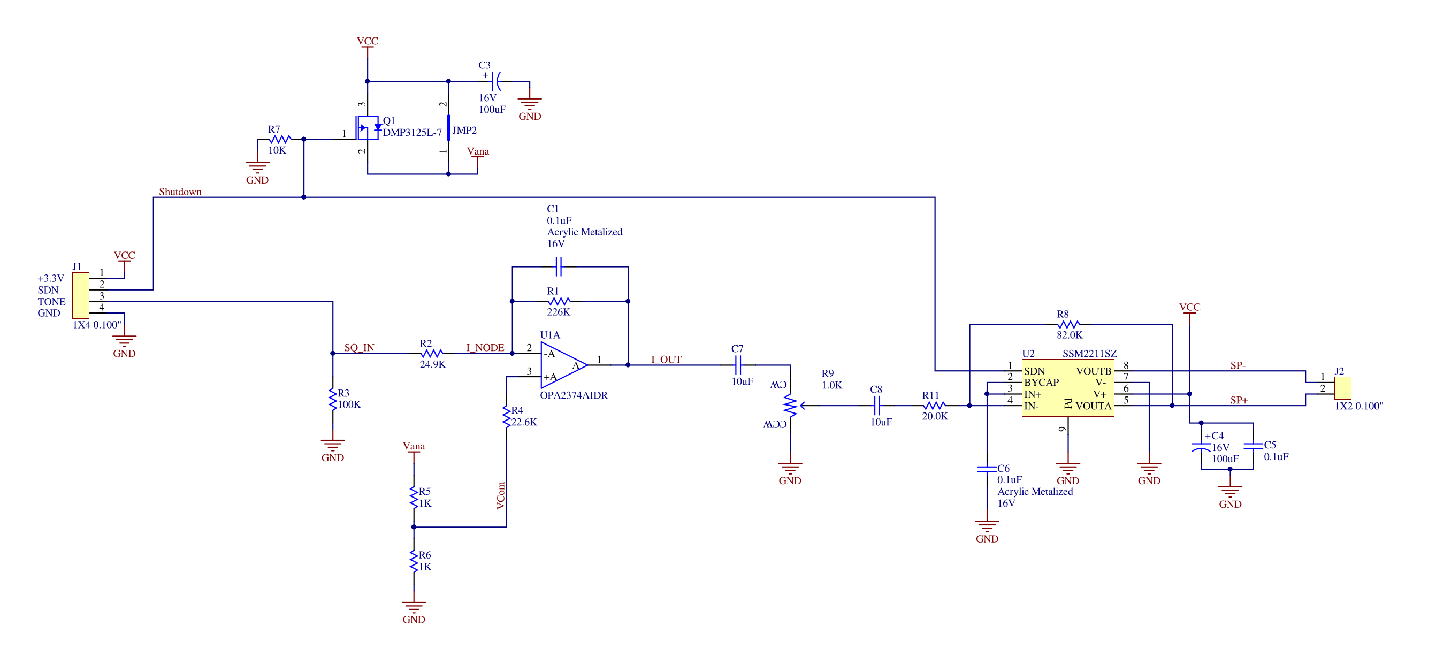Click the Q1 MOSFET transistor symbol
pos(368,128)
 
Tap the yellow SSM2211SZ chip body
pos(1068,388)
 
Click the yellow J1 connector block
pos(81,295)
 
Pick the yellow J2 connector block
pos(1343,388)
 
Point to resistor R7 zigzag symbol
pos(279,139)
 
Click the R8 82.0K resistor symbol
pos(1068,325)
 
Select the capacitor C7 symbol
pos(738,365)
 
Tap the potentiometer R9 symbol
pos(791,405)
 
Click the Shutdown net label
pos(180,192)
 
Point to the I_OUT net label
pos(666,360)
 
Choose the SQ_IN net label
pos(360,348)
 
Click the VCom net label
pos(501,495)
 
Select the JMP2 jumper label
pos(464,130)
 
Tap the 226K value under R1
pos(558,312)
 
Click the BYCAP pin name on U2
pos(1042,382)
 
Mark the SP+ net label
pos(1239,400)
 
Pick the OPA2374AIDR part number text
pos(574,395)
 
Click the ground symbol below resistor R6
pos(414,606)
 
